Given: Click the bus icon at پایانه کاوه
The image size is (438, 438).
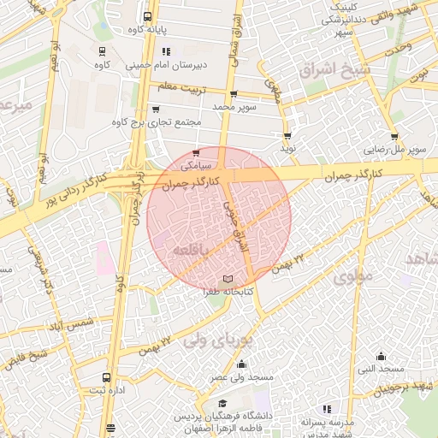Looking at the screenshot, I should click(x=148, y=16).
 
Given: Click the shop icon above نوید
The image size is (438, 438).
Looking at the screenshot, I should click(x=287, y=135).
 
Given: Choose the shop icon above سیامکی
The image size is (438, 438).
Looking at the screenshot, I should click(x=197, y=152).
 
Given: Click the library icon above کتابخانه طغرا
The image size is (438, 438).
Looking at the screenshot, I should click(x=227, y=279).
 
